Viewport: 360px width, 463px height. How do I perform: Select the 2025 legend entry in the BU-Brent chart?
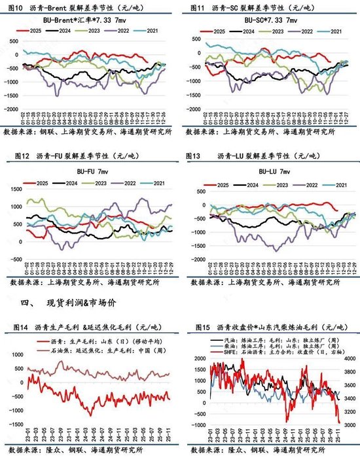coord(33,31)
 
